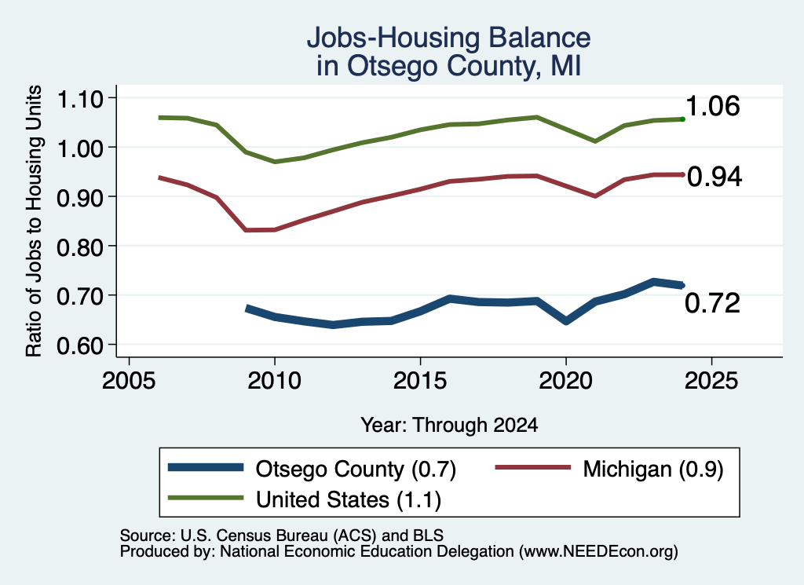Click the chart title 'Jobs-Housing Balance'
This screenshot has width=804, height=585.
coord(448,38)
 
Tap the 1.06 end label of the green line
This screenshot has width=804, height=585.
coord(712,106)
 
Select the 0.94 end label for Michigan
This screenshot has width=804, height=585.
coord(714,177)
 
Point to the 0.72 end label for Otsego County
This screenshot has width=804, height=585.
coord(712,303)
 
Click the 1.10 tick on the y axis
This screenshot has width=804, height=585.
coord(80,99)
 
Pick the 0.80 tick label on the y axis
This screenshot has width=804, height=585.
coord(80,247)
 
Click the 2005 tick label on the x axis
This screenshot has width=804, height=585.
coord(129,381)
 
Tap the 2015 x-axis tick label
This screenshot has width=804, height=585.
coord(420,381)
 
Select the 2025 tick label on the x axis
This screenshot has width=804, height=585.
coord(711,381)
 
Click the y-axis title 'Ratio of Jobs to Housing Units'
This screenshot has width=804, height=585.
coord(34,221)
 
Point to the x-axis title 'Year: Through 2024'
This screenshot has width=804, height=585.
coord(449,425)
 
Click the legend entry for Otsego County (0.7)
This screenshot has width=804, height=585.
coord(312,469)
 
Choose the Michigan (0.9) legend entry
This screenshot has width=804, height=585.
coord(608,469)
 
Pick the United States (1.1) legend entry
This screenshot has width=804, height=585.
coord(305,499)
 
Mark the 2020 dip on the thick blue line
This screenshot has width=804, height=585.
coord(566,321)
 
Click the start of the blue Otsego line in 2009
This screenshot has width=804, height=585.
coord(247,308)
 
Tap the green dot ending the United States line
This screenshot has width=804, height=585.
coord(682,119)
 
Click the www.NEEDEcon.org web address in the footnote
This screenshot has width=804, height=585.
coord(598,552)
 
